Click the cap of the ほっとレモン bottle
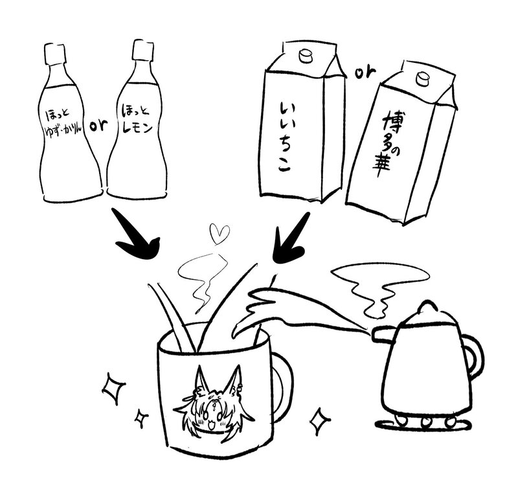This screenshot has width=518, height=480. [x=142, y=51]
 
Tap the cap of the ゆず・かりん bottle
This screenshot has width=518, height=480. [x=55, y=54]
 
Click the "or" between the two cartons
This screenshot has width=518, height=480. [x=365, y=73]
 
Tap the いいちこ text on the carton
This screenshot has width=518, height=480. [x=284, y=137]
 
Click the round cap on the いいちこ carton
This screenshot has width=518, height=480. [x=305, y=56]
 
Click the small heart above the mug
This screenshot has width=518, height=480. [x=220, y=233]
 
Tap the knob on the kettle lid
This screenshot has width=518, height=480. [x=427, y=306]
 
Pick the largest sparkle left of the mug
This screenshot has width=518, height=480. [x=113, y=388]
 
